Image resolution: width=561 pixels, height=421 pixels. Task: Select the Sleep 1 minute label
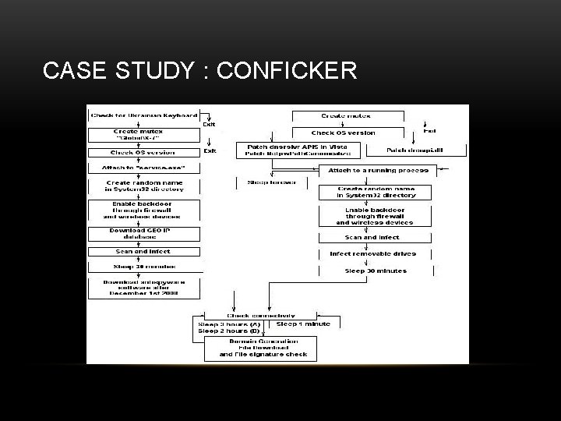click(x=303, y=324)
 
